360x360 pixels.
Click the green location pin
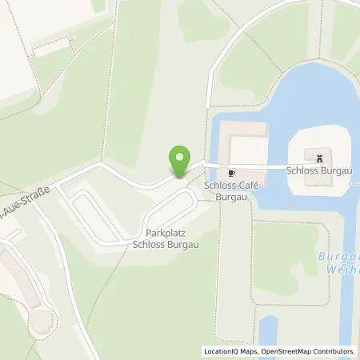pos(180,160)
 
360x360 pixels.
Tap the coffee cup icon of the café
pos(232,172)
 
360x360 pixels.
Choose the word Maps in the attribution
pos(250,351)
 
